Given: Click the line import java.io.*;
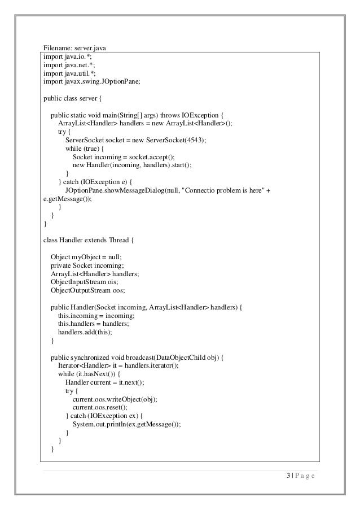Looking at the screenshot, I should (x=64, y=56).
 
